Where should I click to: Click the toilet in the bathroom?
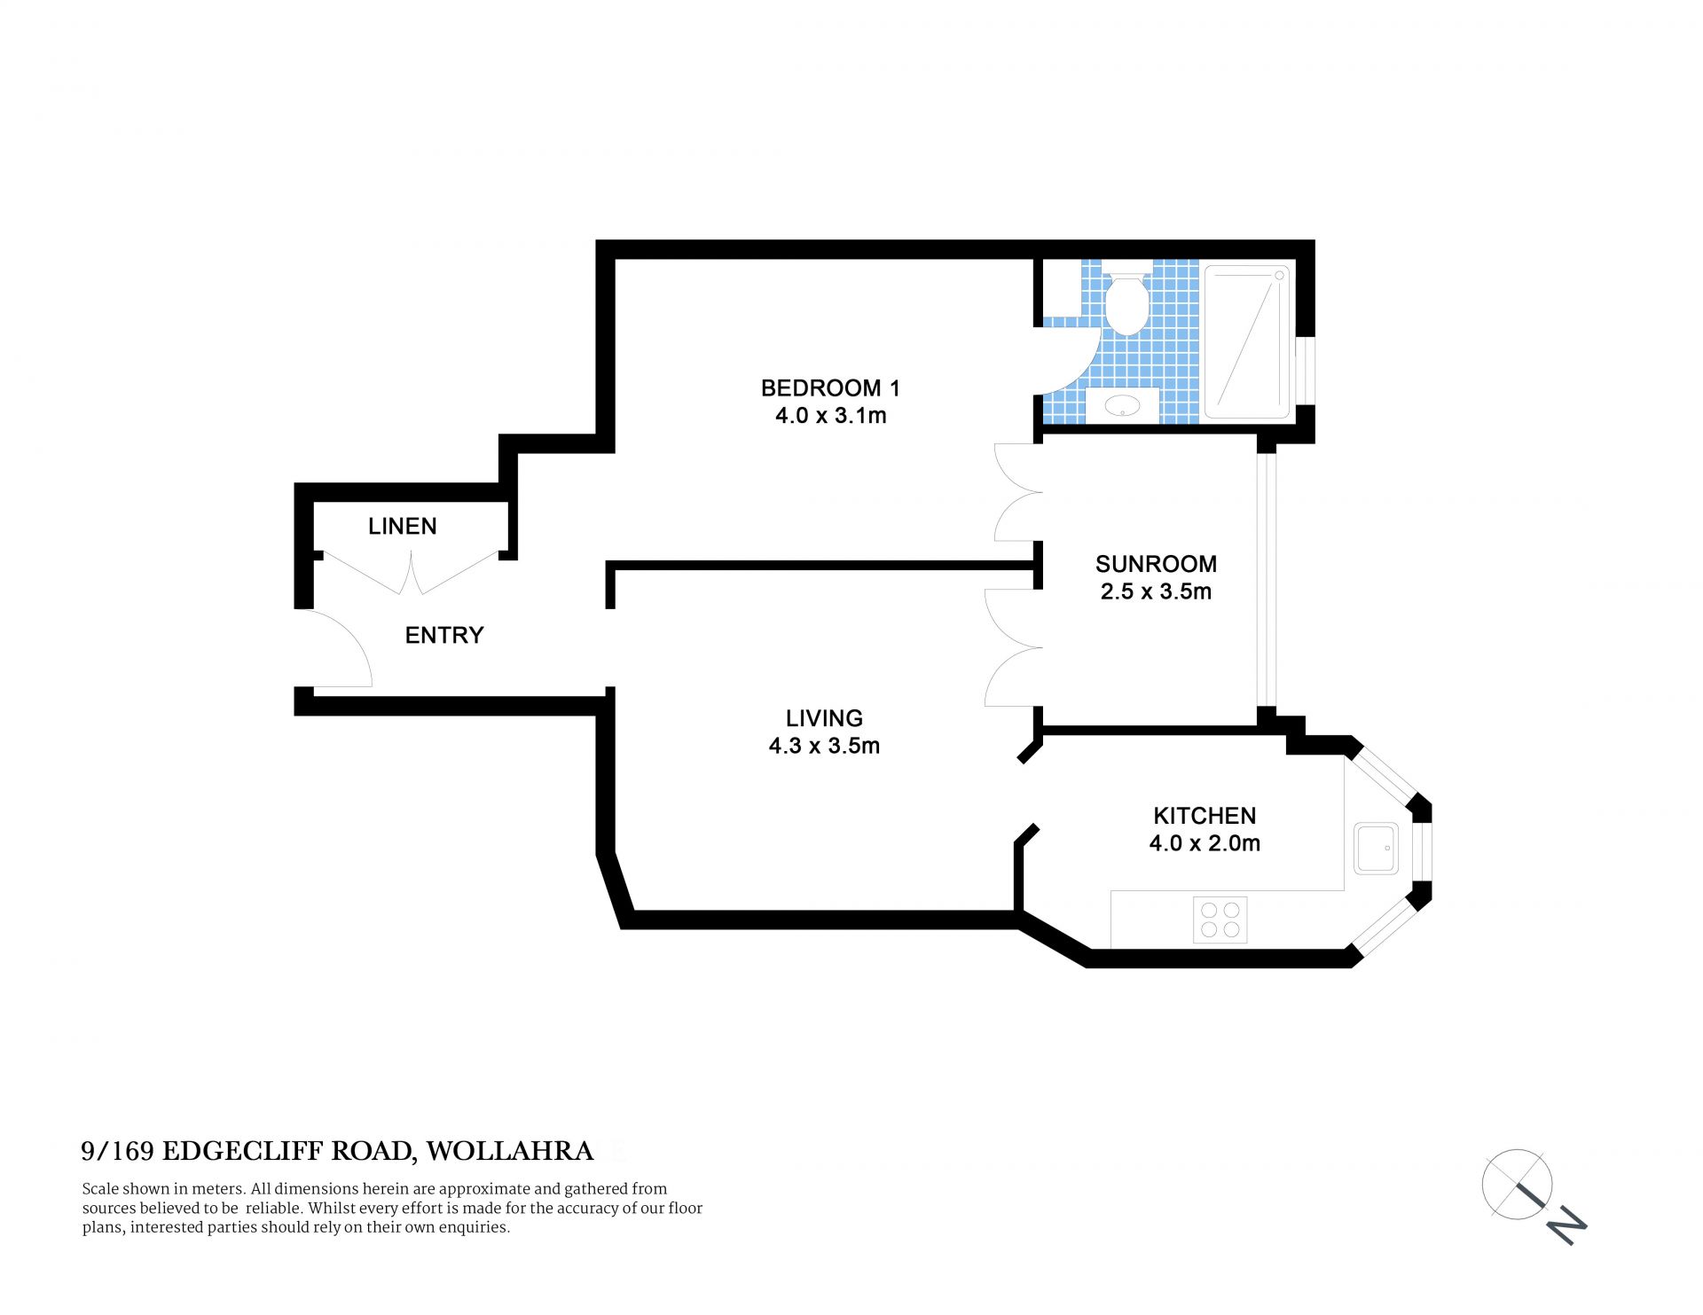(x=1126, y=303)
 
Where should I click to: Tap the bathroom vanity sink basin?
(x=1123, y=407)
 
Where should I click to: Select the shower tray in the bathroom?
(x=1246, y=341)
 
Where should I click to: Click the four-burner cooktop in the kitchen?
(x=1220, y=920)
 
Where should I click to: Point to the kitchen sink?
(x=1376, y=848)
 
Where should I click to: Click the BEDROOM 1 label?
(x=830, y=387)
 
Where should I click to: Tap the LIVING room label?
(x=824, y=717)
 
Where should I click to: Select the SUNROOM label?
(x=1156, y=564)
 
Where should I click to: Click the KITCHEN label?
(x=1205, y=816)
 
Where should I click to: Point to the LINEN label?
(x=403, y=526)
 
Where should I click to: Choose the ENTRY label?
(x=444, y=635)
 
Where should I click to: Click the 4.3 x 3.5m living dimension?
(x=824, y=746)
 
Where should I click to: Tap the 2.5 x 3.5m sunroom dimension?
(x=1156, y=591)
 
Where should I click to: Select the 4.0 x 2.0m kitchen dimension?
(x=1205, y=843)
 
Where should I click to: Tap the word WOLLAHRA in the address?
(x=509, y=1151)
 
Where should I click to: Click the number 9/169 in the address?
(x=118, y=1151)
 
